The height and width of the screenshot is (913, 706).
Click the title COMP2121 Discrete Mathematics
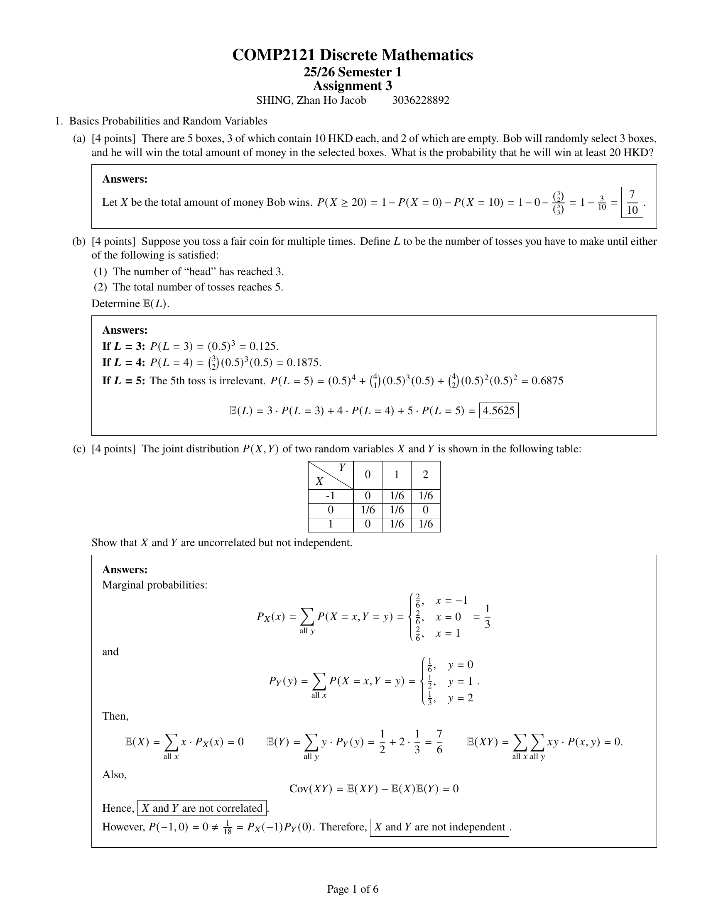(x=353, y=55)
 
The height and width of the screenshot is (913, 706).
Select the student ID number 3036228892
(x=421, y=100)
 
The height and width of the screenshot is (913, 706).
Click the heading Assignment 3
(x=353, y=86)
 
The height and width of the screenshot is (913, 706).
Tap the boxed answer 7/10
(x=632, y=203)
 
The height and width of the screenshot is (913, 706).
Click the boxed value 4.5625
(x=498, y=410)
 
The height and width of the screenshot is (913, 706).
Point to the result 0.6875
(x=547, y=381)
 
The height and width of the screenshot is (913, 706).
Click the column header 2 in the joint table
(x=425, y=475)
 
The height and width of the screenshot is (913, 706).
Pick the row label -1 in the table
(x=331, y=496)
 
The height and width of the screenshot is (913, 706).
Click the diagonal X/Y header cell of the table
(x=331, y=475)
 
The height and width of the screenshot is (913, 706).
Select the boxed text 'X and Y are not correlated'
(x=202, y=808)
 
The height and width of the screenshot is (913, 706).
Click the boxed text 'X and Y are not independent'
(x=439, y=827)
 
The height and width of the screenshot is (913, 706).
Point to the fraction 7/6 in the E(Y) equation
(x=439, y=742)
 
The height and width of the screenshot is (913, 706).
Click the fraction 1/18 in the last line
(x=228, y=828)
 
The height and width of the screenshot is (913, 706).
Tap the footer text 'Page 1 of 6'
(x=353, y=889)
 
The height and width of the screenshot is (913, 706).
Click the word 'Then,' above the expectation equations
(x=115, y=716)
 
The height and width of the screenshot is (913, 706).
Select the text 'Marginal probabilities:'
(x=155, y=585)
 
